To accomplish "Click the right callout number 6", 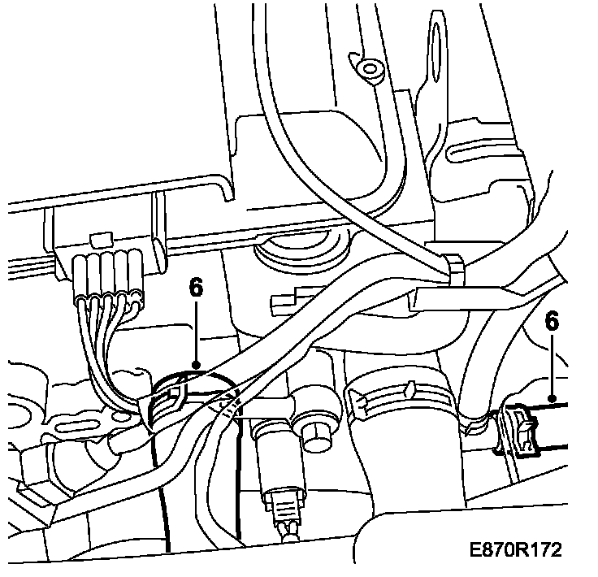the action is pyautogui.click(x=552, y=323).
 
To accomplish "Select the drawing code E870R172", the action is pyautogui.click(x=514, y=551).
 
